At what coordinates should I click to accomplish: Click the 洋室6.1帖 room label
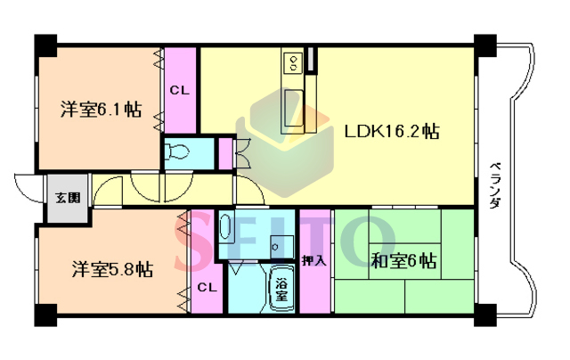coord(101,109)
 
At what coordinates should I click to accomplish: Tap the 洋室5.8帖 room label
coord(112,269)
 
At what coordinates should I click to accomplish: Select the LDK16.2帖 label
coord(392,131)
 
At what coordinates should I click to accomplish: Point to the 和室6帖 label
coord(403,261)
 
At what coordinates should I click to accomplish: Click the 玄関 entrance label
coord(68,198)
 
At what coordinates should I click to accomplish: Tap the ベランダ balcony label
coord(494,185)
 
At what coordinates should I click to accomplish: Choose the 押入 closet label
coord(314,260)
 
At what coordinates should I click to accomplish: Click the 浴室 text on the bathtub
coord(281,289)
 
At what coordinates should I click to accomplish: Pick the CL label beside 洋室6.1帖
coord(180,90)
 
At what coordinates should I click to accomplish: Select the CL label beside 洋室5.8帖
coord(208,288)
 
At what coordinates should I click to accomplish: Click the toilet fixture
coord(176,151)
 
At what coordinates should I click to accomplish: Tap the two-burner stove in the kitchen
coord(293,62)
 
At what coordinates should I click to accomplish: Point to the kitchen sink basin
coord(293,108)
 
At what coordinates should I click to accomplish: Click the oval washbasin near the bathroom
coord(225,227)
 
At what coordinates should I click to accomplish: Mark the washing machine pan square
coord(282,247)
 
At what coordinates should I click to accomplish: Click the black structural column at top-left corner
coord(45,45)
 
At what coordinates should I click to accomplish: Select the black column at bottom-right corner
coord(485,315)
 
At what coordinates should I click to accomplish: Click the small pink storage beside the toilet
coord(225,153)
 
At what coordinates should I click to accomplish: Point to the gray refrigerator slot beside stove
coord(311,59)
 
